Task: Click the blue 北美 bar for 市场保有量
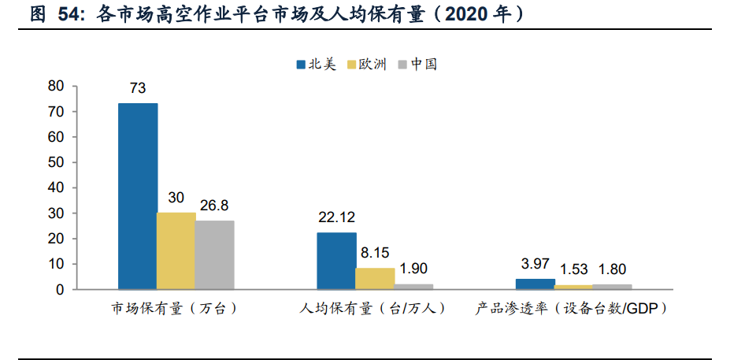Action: pos(138,196)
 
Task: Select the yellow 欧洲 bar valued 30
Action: pos(176,251)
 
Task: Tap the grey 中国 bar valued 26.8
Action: pos(215,254)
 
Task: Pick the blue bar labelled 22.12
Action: pos(336,261)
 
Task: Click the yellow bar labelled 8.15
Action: pos(375,279)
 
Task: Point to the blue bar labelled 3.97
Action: pos(535,284)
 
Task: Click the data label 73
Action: pos(138,88)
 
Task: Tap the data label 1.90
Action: pos(413,269)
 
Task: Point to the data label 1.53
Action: pos(573,269)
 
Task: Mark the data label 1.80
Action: pos(610,269)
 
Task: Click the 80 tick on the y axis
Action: pos(55,86)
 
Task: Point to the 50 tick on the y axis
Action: pos(55,162)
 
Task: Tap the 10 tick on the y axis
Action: pos(55,264)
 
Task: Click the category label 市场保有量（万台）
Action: pos(175,309)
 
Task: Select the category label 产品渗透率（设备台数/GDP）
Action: pos(573,309)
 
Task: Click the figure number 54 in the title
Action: pos(69,14)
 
